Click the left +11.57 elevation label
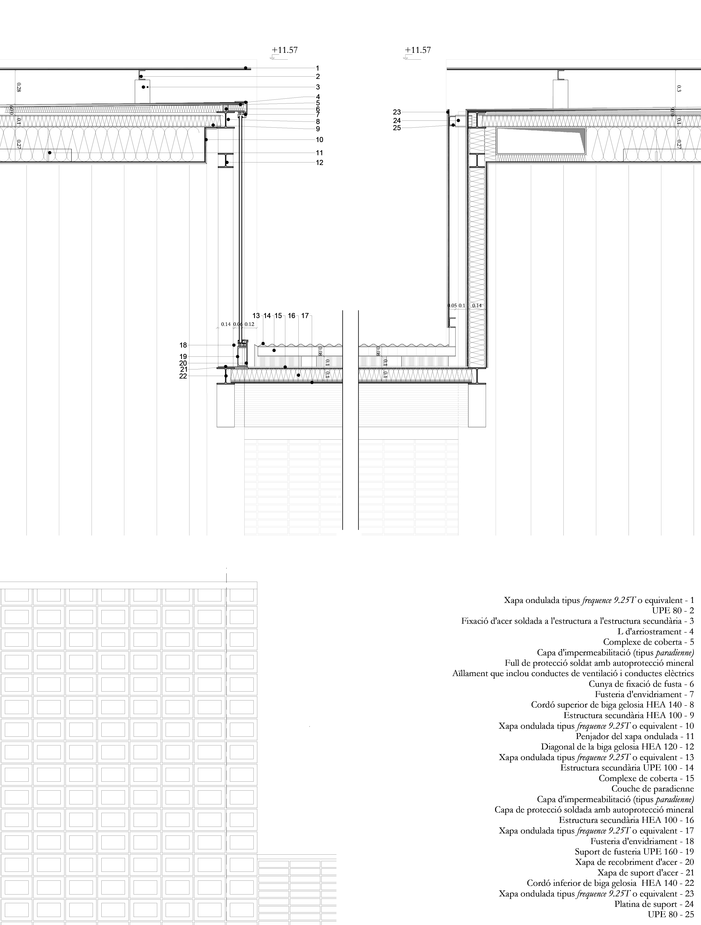284,50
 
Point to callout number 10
320,140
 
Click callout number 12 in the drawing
320,163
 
